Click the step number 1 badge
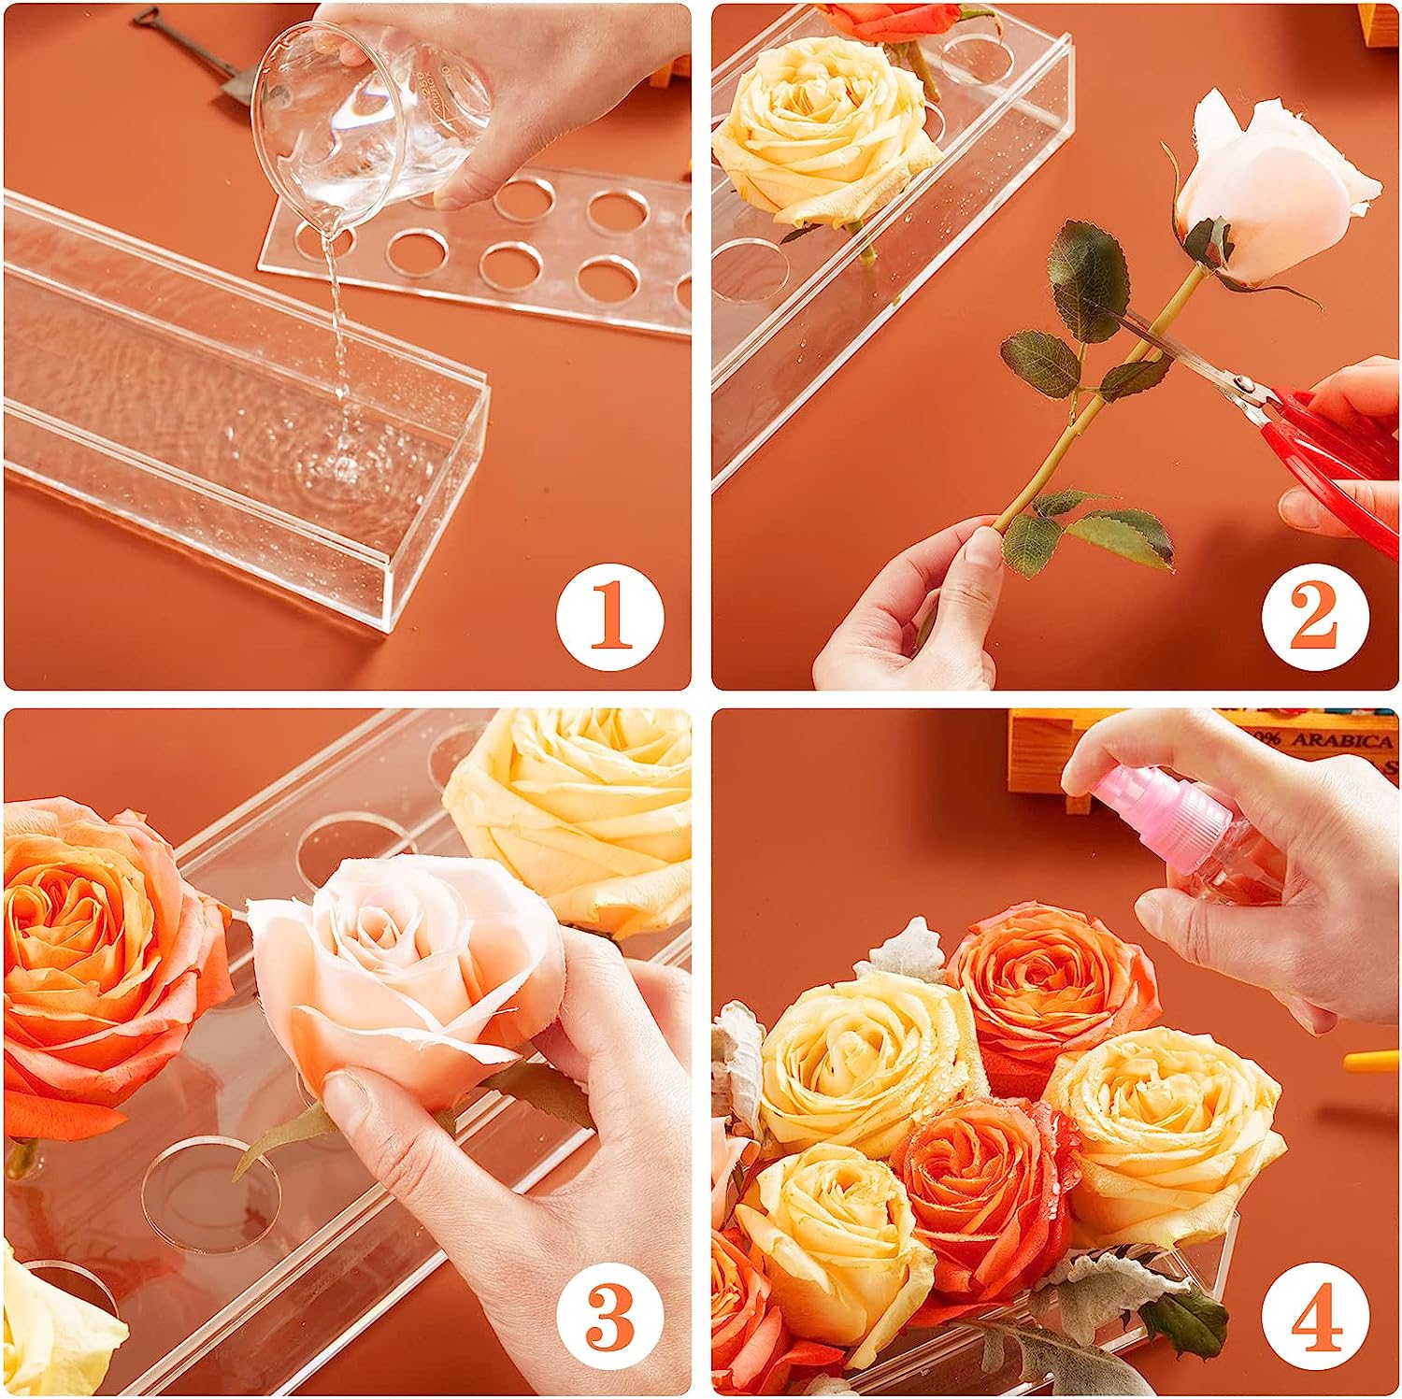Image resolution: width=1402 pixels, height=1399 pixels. tap(610, 618)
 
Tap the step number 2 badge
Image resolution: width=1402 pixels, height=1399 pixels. tap(1315, 618)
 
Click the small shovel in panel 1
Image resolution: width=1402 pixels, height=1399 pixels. tap(187, 47)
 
